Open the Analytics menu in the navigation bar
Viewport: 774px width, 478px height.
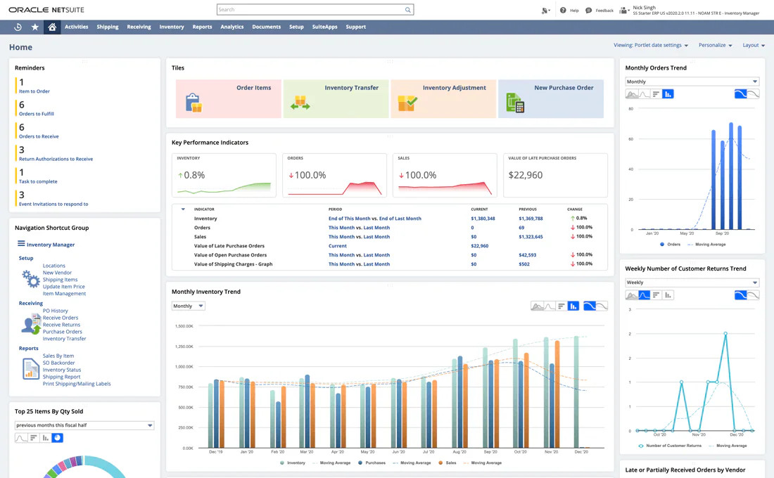click(231, 27)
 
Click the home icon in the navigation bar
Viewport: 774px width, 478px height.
click(51, 27)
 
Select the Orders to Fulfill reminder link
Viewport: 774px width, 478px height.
click(37, 114)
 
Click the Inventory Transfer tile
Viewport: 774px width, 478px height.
click(336, 98)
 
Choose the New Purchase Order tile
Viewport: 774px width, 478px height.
click(550, 98)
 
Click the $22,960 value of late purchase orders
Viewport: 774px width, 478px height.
click(526, 175)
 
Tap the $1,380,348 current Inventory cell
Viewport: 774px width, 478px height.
click(483, 219)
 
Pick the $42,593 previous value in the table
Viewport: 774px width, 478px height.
click(528, 255)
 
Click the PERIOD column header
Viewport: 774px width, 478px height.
click(336, 209)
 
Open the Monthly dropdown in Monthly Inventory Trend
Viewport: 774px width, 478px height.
click(188, 306)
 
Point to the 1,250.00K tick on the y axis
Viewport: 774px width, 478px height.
click(184, 347)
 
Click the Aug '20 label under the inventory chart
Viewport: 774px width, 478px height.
click(459, 452)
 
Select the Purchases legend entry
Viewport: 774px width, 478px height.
click(374, 463)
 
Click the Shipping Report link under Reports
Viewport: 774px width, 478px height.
click(61, 377)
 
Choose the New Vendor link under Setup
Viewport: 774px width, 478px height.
click(57, 273)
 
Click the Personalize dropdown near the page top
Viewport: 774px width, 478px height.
click(715, 45)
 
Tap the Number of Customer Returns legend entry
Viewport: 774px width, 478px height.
click(673, 446)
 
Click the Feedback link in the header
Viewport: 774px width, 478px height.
click(604, 11)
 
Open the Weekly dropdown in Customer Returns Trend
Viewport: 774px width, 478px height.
click(692, 283)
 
